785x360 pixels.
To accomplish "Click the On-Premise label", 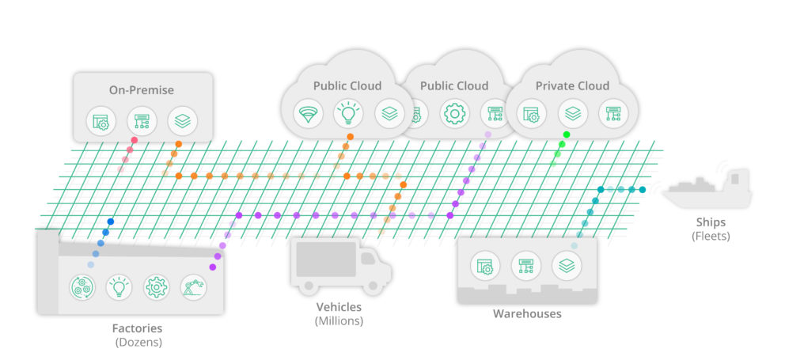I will click(x=142, y=90).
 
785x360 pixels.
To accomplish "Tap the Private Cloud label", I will click(x=572, y=85).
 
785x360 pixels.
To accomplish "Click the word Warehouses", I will click(x=527, y=313).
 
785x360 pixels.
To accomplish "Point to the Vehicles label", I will click(x=338, y=307).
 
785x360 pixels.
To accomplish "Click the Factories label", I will click(x=137, y=328).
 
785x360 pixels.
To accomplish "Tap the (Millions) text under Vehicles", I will click(x=338, y=320).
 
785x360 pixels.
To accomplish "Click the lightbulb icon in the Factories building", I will click(x=119, y=286).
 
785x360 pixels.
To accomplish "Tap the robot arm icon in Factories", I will click(x=193, y=286).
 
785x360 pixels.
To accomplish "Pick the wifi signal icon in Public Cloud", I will click(x=306, y=114).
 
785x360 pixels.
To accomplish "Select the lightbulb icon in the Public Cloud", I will click(x=347, y=114).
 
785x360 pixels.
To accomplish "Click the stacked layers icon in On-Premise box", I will click(x=183, y=121).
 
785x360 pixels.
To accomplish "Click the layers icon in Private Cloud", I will click(x=573, y=113).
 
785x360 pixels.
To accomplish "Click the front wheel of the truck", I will click(x=371, y=279).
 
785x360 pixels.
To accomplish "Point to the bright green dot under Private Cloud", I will click(x=563, y=144).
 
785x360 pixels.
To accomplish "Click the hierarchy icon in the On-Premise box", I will click(x=142, y=121).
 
